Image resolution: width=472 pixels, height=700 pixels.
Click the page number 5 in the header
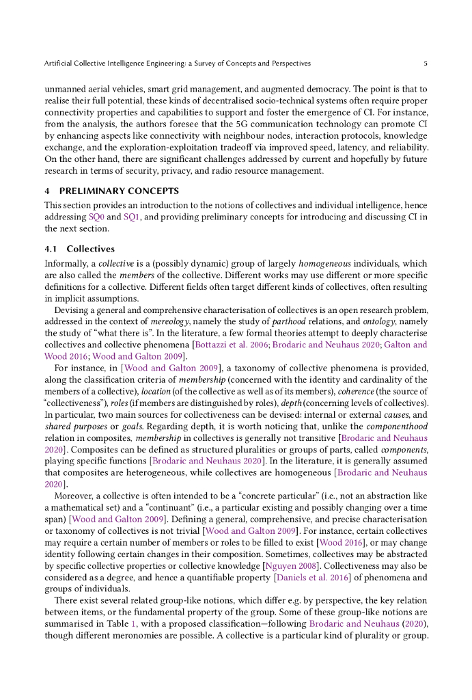coord(425,64)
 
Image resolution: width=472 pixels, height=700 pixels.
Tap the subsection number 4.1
coord(52,249)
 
